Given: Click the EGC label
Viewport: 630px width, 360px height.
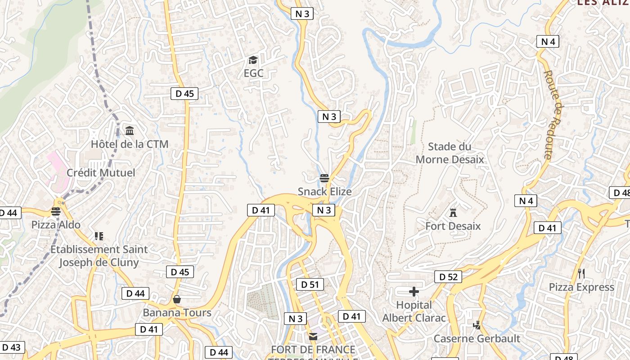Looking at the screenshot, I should point(253,73).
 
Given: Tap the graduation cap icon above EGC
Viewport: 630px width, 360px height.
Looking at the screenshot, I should point(253,60).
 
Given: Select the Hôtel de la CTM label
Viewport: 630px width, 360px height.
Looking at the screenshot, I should point(130,144).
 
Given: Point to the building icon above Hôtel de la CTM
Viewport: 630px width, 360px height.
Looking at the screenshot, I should point(130,131).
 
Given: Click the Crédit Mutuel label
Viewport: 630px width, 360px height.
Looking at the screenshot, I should point(101,172).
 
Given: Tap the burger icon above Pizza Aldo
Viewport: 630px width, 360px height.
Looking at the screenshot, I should point(56,211).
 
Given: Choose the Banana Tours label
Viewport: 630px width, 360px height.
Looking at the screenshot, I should point(177,312).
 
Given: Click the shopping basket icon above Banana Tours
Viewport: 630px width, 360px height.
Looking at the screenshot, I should point(177,299).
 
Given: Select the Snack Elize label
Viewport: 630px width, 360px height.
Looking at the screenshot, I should point(324,191).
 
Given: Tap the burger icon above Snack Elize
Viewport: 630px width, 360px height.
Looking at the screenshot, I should point(324,178).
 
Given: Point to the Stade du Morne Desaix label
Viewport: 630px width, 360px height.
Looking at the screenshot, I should point(450,153).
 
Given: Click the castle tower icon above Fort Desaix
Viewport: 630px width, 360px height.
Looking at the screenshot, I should point(453,212).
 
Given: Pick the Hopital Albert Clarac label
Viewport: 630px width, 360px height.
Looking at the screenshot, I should point(414,311).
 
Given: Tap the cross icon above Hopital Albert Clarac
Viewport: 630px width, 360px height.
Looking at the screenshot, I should point(414,292).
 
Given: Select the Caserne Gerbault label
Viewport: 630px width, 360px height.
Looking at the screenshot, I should point(477,338).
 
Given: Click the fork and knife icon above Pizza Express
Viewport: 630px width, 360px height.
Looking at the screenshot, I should point(581,274).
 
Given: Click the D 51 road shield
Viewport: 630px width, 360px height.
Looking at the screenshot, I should point(310,284).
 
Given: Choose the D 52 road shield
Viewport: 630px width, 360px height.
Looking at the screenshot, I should point(448,277).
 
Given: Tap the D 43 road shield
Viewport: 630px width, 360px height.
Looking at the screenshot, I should point(11,347).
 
